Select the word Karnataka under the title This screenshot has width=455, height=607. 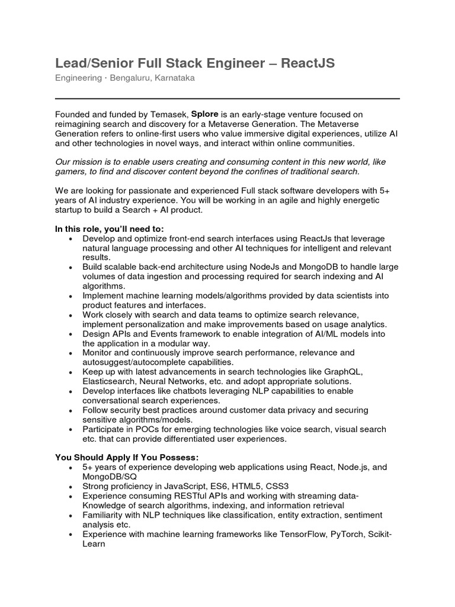tap(175, 78)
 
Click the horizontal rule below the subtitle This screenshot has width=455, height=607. tap(227, 98)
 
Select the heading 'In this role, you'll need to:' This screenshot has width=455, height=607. tap(110, 229)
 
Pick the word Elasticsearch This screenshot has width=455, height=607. tap(111, 381)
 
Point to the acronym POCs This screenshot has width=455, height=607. tap(146, 429)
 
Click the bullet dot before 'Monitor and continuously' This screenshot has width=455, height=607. tap(71, 353)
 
